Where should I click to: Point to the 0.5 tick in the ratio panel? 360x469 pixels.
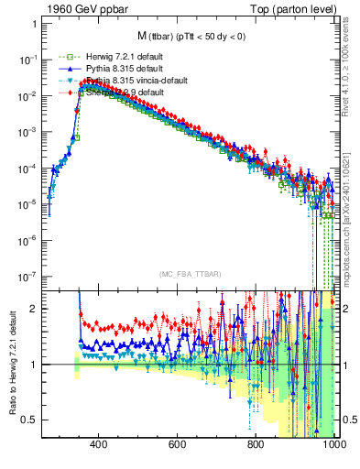(30, 420)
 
